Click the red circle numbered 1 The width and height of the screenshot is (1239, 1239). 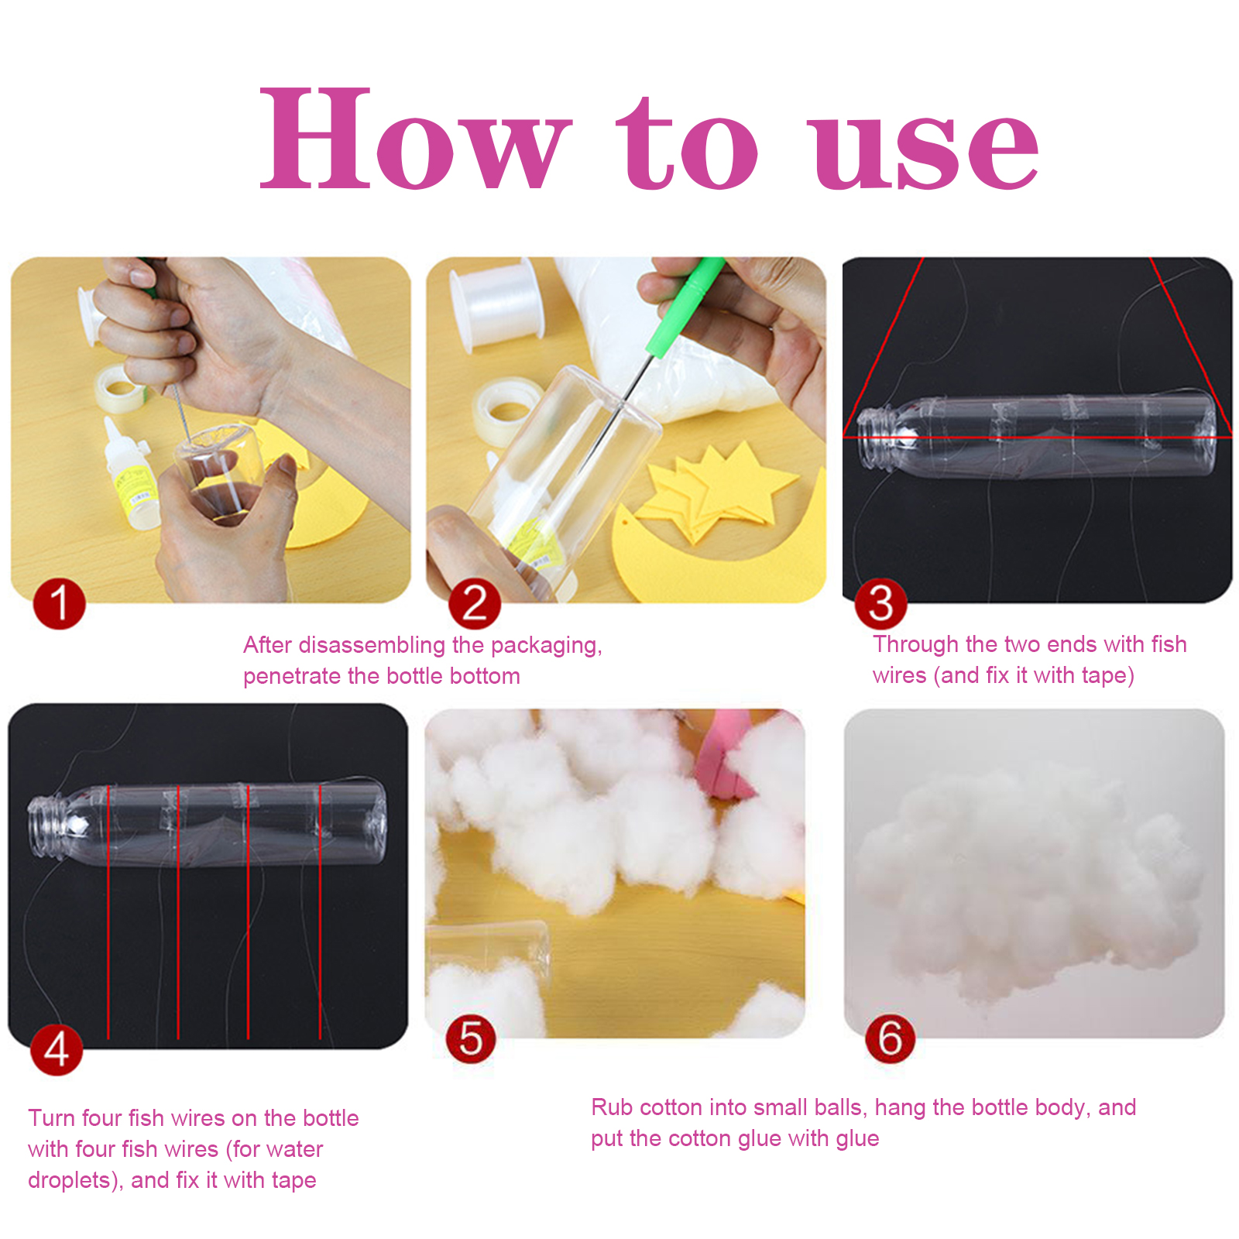[59, 603]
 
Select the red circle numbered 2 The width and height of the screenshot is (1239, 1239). [475, 603]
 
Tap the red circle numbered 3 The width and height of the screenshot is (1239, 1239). [880, 603]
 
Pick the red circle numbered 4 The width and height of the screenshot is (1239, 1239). [57, 1049]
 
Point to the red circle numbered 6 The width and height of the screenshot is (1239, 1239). [890, 1038]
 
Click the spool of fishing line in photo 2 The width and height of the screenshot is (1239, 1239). [496, 306]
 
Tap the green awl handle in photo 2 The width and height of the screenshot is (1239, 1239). [685, 307]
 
